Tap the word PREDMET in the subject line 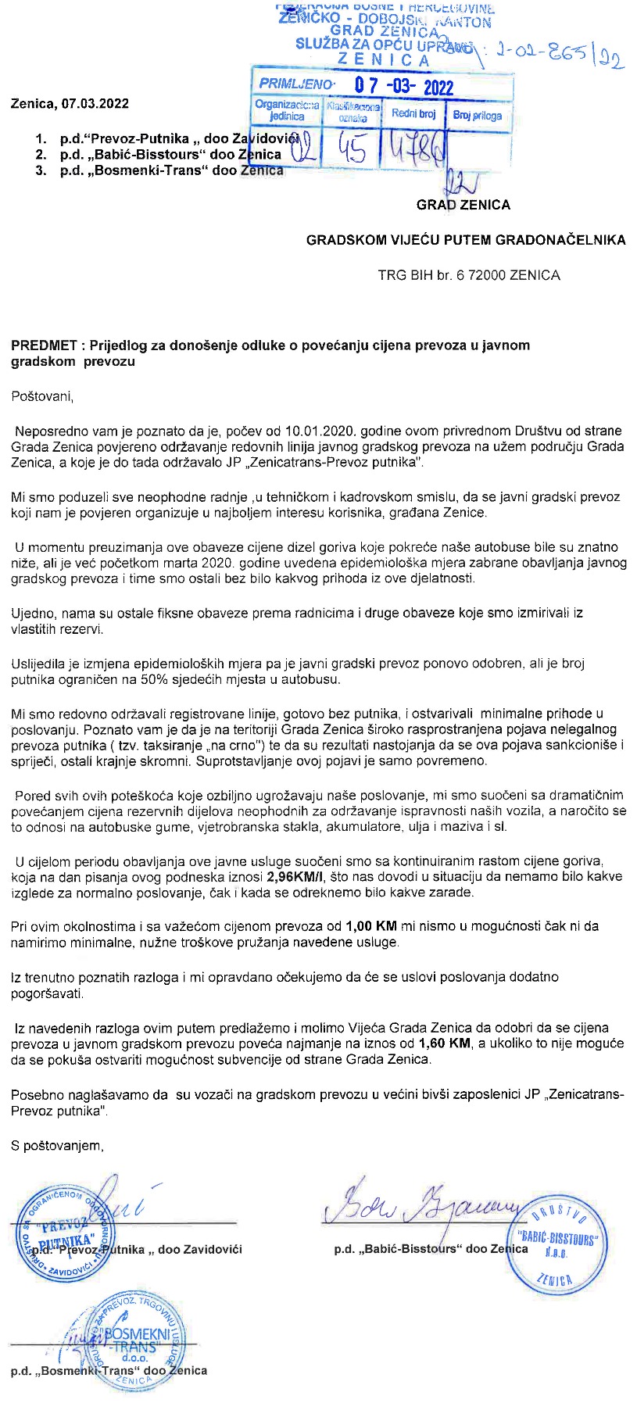(43, 345)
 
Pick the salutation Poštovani (42, 396)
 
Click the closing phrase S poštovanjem (57, 1146)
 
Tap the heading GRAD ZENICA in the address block (463, 205)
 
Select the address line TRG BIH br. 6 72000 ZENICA (469, 275)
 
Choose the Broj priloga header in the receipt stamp (477, 115)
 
